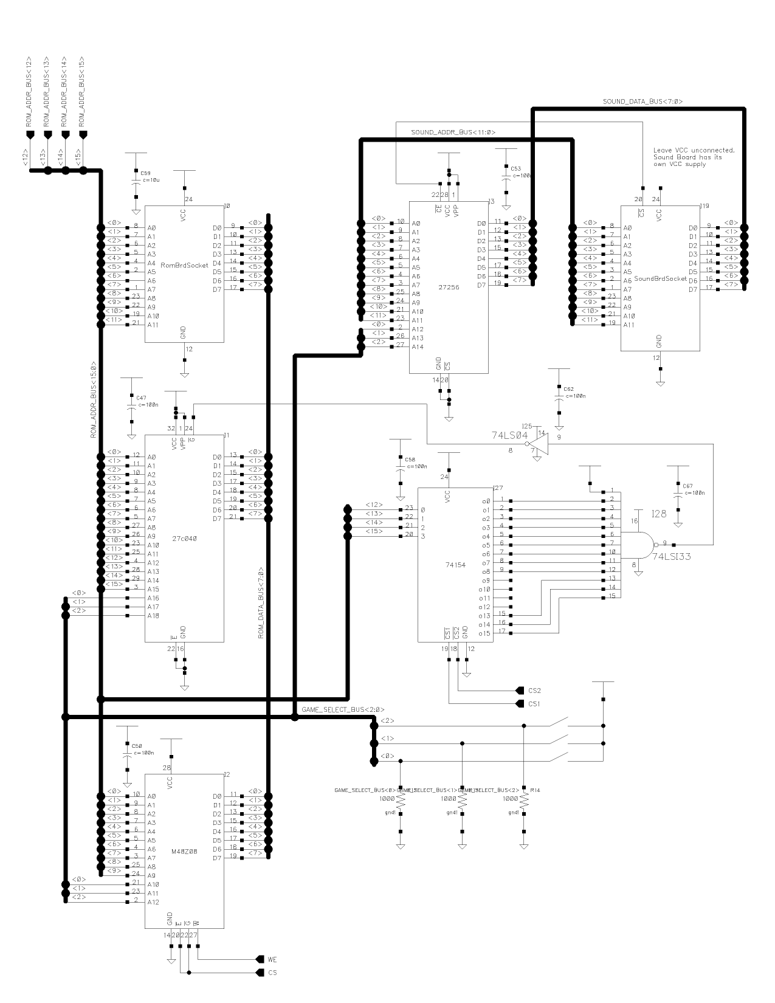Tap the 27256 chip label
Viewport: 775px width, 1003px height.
(x=450, y=288)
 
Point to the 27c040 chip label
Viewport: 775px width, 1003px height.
(x=184, y=538)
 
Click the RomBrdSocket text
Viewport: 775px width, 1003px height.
(x=184, y=265)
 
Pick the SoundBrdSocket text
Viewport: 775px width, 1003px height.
(x=660, y=279)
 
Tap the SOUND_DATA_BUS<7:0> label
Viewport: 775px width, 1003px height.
(x=642, y=102)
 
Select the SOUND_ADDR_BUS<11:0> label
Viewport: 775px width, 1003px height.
(x=453, y=132)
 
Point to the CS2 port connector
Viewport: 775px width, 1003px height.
(x=520, y=691)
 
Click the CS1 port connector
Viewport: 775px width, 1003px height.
(x=520, y=704)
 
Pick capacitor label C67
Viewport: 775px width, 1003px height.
(x=687, y=486)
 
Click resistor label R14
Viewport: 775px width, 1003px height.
(x=535, y=790)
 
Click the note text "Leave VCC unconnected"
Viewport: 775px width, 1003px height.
(x=694, y=150)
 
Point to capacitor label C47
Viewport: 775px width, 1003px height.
(x=142, y=397)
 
